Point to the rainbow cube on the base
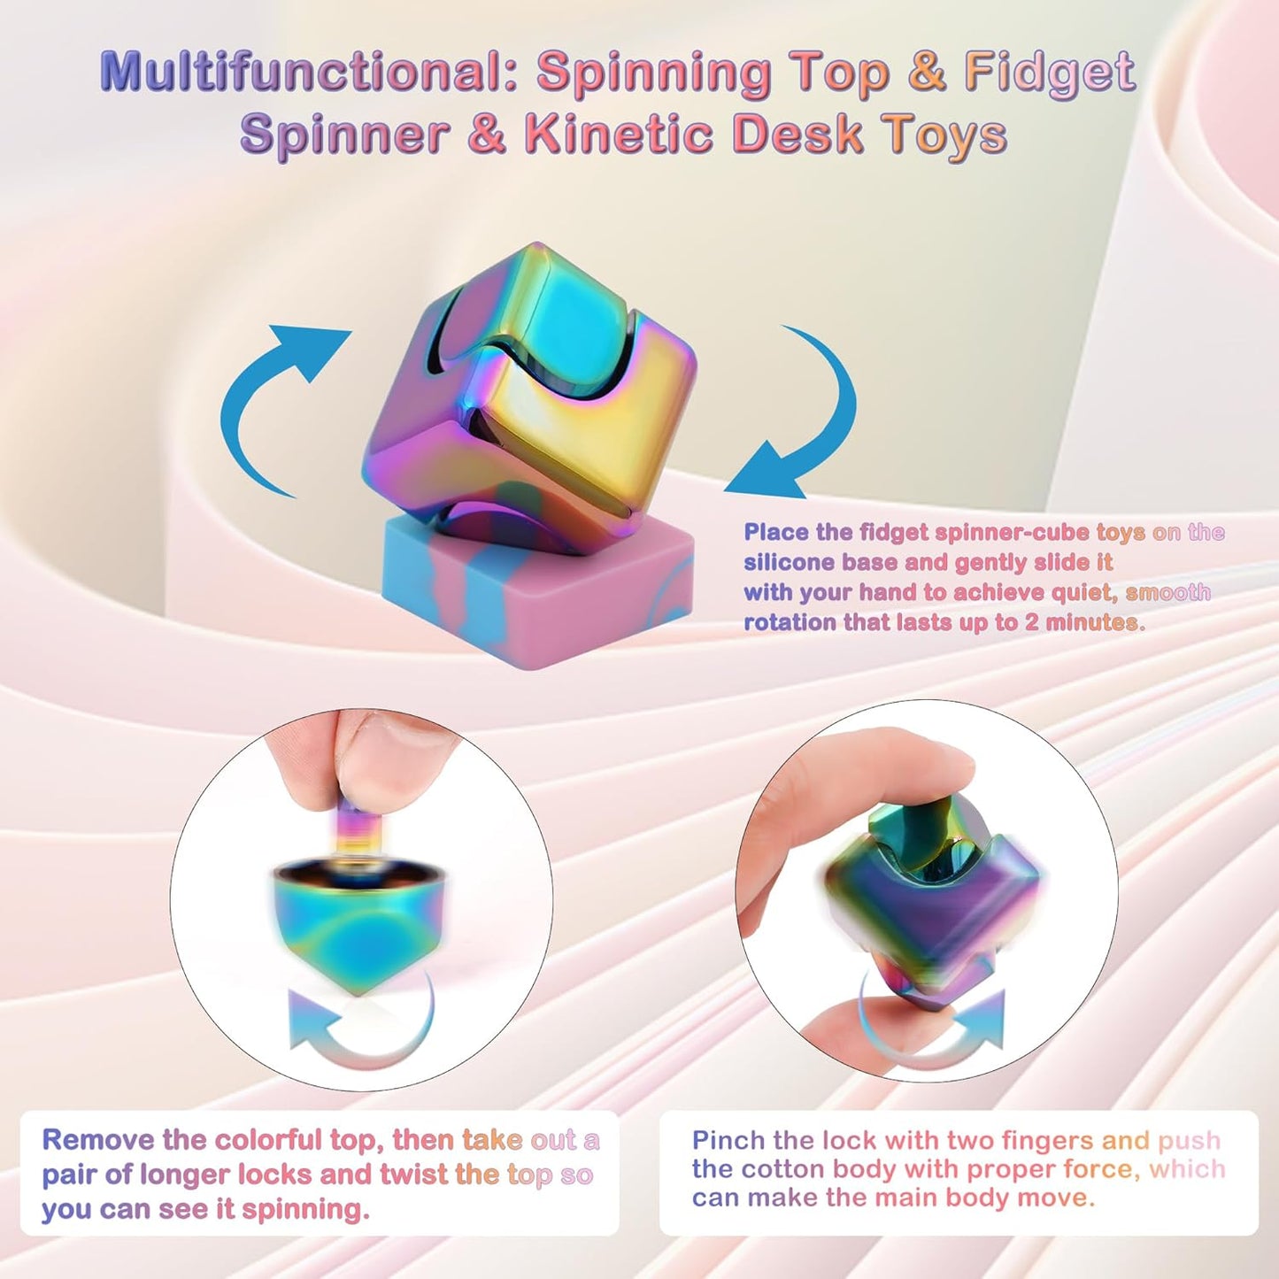(531, 389)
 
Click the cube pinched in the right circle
(929, 894)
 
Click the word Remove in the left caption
(98, 1140)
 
